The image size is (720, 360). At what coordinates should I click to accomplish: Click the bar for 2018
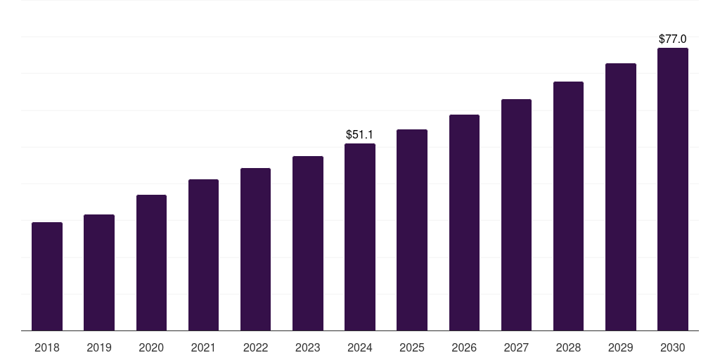(47, 276)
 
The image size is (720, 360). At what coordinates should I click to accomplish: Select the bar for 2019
(99, 272)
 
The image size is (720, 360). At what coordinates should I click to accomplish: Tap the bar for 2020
(152, 263)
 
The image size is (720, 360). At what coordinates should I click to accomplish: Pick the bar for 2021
(203, 255)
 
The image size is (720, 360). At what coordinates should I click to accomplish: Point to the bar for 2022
(255, 250)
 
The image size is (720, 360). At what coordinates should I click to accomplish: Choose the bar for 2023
(308, 243)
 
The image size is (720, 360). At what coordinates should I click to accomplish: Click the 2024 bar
(360, 237)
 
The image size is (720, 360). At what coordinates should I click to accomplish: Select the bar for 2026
(464, 223)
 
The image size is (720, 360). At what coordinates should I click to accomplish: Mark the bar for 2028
(568, 206)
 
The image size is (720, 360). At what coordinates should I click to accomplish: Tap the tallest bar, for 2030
(673, 189)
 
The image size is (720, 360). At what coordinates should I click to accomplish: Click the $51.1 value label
(359, 134)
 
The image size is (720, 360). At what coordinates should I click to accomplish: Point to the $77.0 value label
(673, 39)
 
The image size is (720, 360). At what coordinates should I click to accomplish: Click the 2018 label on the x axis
(47, 347)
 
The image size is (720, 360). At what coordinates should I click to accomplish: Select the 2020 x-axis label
(151, 347)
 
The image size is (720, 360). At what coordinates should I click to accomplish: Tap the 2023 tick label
(308, 347)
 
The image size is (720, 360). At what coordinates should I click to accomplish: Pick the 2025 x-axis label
(412, 347)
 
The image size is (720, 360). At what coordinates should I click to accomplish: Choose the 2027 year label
(516, 347)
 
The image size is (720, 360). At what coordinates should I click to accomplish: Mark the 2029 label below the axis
(620, 347)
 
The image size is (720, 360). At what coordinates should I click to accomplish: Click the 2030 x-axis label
(673, 347)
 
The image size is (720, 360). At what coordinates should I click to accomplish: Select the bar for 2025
(412, 230)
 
